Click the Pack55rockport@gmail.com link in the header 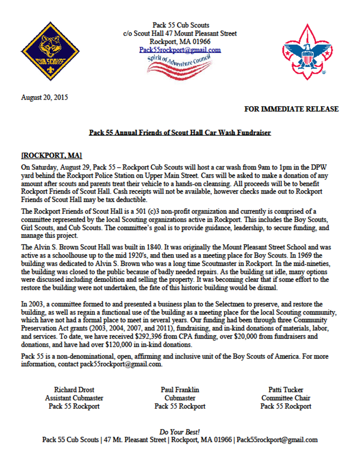[180, 50]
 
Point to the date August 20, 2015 [45, 97]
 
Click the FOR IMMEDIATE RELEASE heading [292, 109]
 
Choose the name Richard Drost [73, 390]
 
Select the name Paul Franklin [180, 390]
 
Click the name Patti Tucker [286, 390]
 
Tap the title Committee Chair [286, 398]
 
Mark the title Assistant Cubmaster [73, 398]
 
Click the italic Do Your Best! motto [180, 432]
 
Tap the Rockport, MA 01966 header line [180, 42]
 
